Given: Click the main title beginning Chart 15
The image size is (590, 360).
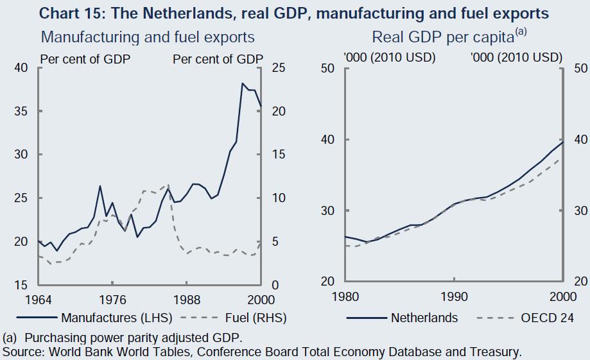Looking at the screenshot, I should pyautogui.click(x=295, y=12).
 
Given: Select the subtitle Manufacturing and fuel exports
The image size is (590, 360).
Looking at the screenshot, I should pyautogui.click(x=148, y=37).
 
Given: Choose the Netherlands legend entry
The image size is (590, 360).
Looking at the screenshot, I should pyautogui.click(x=424, y=318).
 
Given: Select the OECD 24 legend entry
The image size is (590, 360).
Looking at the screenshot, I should pyautogui.click(x=546, y=318).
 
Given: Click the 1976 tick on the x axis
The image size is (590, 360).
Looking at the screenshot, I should pyautogui.click(x=112, y=300).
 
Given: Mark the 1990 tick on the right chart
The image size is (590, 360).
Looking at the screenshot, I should pyautogui.click(x=454, y=298).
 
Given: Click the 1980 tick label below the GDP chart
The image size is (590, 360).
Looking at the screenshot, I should pyautogui.click(x=345, y=298).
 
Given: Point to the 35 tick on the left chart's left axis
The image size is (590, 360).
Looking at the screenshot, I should pyautogui.click(x=21, y=111).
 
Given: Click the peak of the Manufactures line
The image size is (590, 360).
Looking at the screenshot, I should pyautogui.click(x=243, y=83).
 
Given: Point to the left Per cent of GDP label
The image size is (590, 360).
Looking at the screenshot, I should pyautogui.click(x=85, y=58).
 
